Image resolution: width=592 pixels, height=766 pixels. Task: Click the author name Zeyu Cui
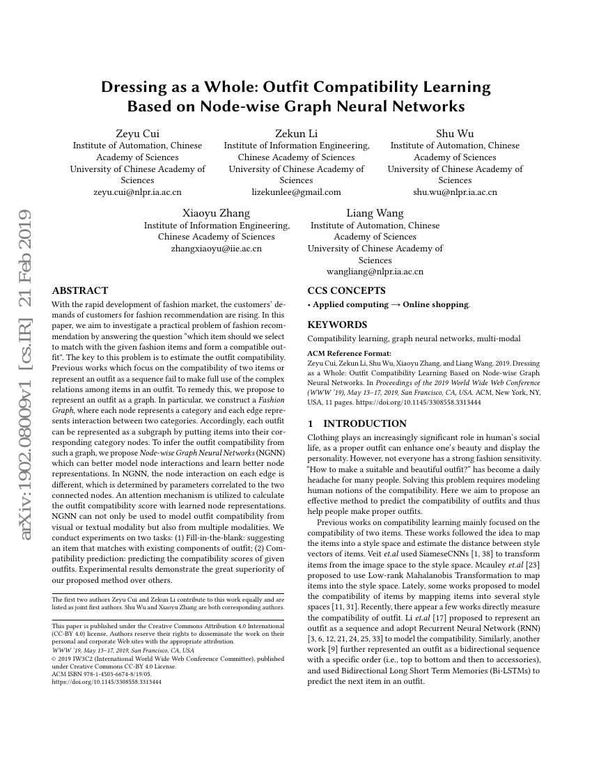pos(137,133)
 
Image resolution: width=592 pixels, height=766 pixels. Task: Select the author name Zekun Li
pos(296,133)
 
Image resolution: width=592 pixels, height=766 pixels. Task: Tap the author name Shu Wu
pos(455,133)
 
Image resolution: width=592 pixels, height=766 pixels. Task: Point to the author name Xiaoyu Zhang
pos(217,213)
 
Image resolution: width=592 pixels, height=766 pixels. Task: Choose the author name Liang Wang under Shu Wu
pos(375,213)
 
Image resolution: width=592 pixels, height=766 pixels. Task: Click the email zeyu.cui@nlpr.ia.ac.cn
pos(137,191)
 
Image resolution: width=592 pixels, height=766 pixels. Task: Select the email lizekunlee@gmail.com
pos(296,191)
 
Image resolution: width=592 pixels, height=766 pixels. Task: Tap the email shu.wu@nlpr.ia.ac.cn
pos(455,191)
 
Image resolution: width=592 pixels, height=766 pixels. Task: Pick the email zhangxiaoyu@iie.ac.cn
pos(217,248)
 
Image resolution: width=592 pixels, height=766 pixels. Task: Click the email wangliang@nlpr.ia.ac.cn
pos(375,272)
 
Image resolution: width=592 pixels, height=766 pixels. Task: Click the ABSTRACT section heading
pos(80,290)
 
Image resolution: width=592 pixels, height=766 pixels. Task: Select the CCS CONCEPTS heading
pos(346,290)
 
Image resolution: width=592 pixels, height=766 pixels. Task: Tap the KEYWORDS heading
pos(337,325)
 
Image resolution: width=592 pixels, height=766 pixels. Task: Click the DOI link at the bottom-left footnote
pos(107,682)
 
